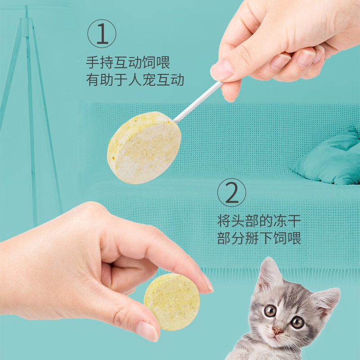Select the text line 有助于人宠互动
click(135, 80)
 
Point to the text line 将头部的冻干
click(259, 221)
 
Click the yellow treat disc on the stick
click(144, 147)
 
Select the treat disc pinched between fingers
click(171, 301)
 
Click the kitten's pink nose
click(278, 331)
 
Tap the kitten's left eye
click(270, 311)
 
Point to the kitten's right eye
click(297, 322)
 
